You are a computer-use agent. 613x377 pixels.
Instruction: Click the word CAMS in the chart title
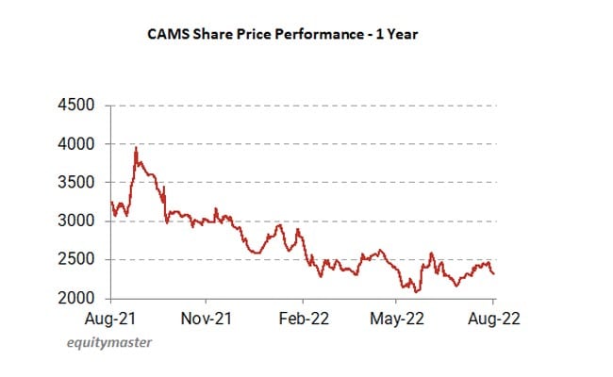coord(167,34)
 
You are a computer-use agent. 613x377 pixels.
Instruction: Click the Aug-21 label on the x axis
coord(111,319)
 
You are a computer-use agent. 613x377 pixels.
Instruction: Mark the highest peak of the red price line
coord(136,147)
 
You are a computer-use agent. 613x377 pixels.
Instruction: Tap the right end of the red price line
coord(494,274)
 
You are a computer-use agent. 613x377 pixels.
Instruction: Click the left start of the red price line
coord(111,202)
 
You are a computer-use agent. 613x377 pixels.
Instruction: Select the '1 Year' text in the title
coord(393,34)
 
